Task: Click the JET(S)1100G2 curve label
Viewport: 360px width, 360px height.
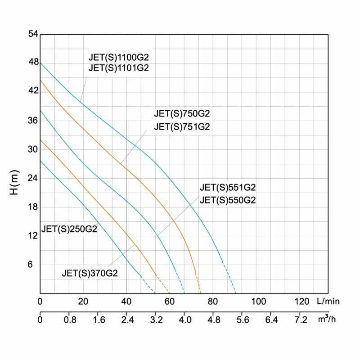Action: (x=118, y=58)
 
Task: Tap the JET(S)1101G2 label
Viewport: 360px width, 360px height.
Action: (x=118, y=68)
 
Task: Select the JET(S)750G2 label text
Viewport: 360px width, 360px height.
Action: (x=182, y=113)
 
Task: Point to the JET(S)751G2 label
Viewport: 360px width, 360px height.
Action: (x=182, y=127)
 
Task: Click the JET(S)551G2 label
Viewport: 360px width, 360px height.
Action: (x=228, y=188)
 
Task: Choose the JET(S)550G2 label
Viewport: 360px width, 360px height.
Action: (x=228, y=201)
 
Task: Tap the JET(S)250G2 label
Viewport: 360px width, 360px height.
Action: (x=69, y=228)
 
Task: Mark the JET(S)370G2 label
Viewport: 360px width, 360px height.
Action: (x=90, y=273)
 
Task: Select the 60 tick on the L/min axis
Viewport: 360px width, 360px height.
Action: (x=170, y=301)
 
